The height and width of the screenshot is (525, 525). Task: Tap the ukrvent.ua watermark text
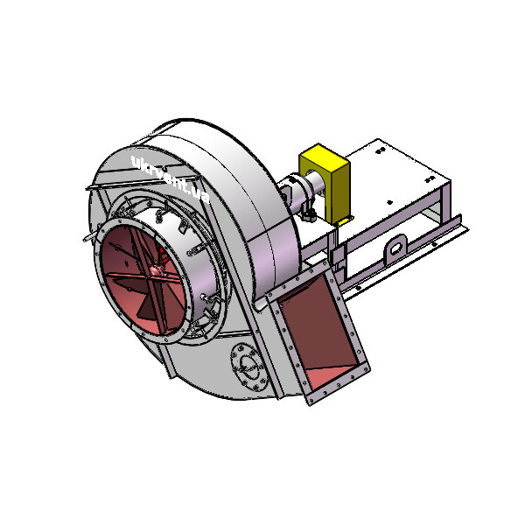[x=171, y=179]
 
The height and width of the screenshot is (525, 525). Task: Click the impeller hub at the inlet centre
[x=155, y=269]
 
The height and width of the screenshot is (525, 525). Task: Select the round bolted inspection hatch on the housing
[x=248, y=367]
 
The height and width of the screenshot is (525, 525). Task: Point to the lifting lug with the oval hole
[x=396, y=248]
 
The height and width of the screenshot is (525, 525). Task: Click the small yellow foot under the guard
[x=346, y=220]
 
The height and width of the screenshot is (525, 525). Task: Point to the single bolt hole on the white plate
[x=389, y=202]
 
